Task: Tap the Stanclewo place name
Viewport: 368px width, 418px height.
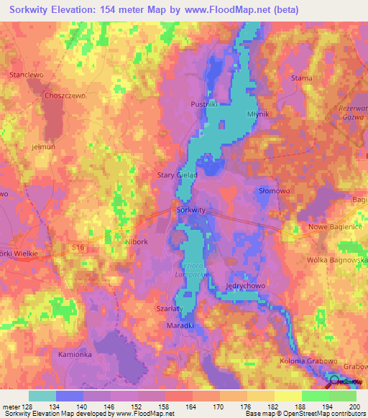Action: click(26, 75)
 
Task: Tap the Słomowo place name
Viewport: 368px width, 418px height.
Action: click(273, 190)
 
